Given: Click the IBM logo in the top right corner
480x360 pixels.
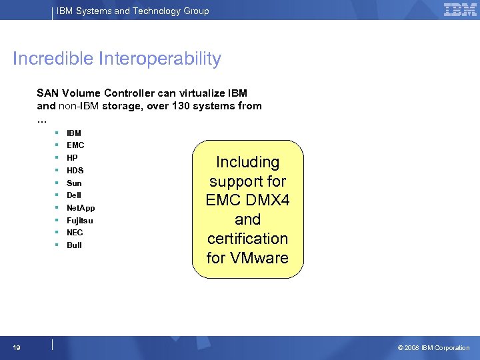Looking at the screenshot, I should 460,9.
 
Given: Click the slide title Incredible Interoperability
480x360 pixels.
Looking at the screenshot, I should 117,59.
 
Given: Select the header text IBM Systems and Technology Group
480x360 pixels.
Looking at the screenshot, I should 132,11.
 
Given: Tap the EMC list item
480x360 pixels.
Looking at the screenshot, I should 75,145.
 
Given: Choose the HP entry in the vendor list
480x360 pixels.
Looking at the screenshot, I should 72,158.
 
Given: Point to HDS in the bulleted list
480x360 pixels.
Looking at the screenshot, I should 75,171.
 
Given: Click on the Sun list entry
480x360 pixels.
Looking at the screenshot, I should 74,183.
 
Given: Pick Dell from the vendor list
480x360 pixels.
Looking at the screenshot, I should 74,195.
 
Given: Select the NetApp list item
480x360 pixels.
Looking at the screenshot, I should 81,208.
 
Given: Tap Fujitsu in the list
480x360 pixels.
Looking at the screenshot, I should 80,221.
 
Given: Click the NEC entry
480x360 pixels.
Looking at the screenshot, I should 75,233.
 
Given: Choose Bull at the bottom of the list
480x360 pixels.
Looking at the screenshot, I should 74,245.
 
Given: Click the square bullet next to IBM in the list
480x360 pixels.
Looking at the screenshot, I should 58,133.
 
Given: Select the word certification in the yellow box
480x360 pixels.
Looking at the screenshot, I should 247,239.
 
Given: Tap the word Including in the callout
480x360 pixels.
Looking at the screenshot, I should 247,162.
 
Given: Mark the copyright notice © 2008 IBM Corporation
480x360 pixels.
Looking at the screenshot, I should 433,348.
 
